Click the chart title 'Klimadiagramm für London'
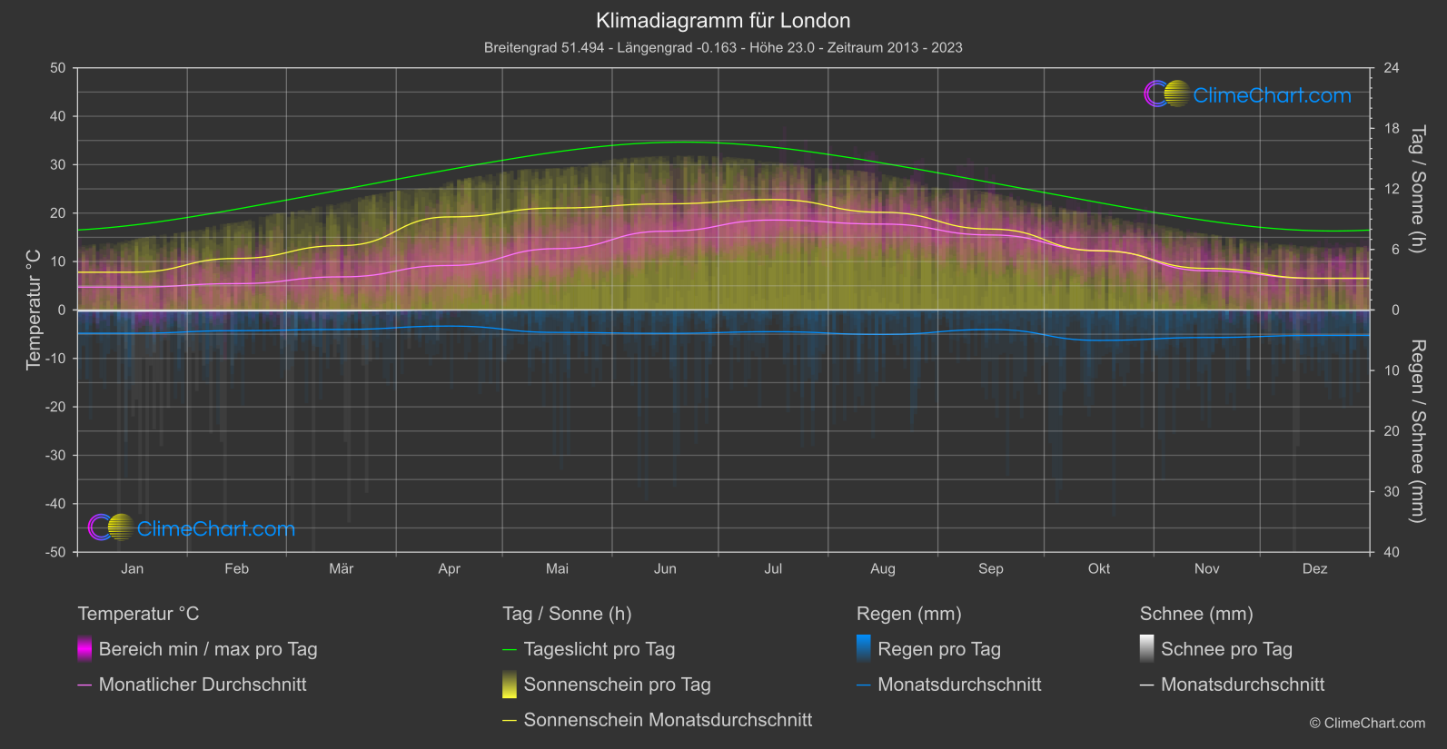point(723,20)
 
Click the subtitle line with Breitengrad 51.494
point(723,47)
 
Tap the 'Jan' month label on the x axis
point(133,568)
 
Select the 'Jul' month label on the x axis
point(773,568)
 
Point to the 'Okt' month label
point(1099,568)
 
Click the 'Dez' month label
point(1314,568)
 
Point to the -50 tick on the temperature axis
point(56,552)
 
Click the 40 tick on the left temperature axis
point(58,116)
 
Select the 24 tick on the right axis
point(1391,68)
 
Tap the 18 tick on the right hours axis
point(1391,129)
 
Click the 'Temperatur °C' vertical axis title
point(34,310)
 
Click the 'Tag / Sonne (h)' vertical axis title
point(1416,189)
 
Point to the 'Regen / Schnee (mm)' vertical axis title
point(1416,431)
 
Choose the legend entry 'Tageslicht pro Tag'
point(599,649)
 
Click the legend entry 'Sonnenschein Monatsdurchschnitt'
point(668,720)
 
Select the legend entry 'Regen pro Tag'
point(938,649)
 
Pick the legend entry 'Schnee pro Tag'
point(1226,649)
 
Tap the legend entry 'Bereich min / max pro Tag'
point(207,649)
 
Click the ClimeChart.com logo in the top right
point(1248,94)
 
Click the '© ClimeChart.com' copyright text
point(1367,723)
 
